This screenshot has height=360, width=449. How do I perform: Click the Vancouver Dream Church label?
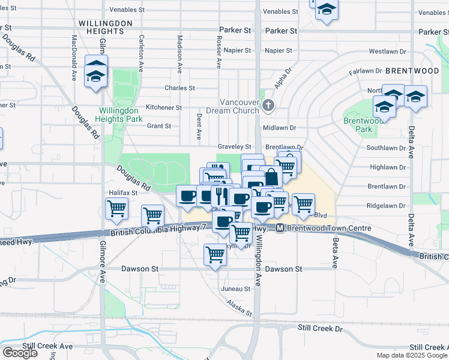[239, 106]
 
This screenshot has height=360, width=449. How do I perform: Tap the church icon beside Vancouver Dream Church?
[268, 106]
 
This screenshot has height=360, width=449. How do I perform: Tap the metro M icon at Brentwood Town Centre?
[280, 228]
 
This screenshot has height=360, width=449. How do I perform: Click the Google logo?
[20, 352]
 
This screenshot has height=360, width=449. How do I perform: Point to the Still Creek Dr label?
[320, 328]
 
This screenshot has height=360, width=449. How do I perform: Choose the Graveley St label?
[234, 146]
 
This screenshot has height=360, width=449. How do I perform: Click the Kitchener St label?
[164, 107]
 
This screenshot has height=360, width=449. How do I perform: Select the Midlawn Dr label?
[280, 128]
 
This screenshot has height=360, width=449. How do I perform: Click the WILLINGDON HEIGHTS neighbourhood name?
[104, 26]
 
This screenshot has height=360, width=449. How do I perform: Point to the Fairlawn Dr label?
[365, 71]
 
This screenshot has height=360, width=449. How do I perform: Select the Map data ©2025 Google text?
[411, 355]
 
